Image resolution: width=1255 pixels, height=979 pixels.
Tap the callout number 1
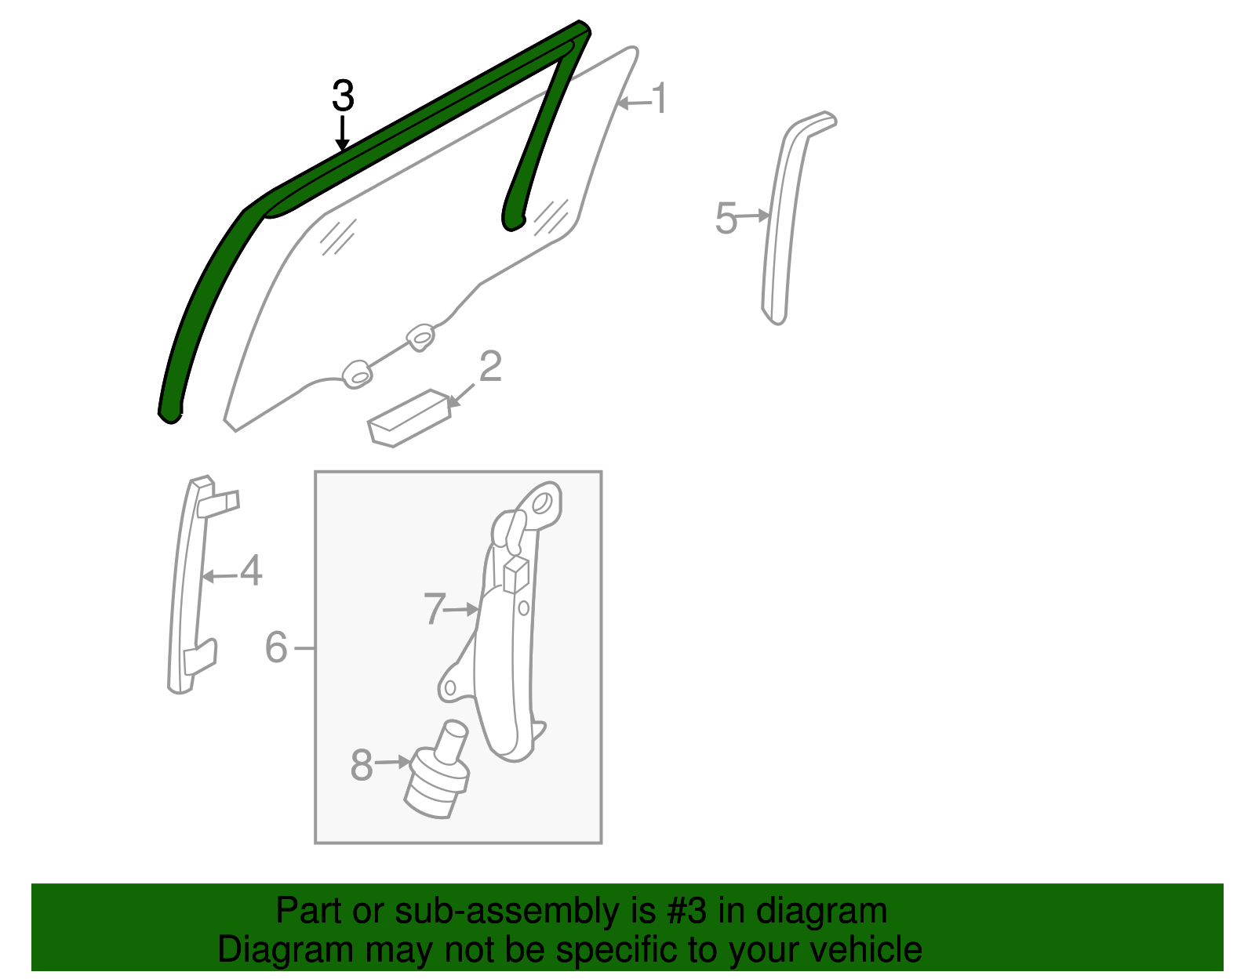point(660,98)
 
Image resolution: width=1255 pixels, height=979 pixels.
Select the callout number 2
point(490,366)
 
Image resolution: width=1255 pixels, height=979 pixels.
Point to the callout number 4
point(251,570)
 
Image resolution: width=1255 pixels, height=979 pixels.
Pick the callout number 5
point(726,218)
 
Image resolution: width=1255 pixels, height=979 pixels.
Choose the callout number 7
point(435,608)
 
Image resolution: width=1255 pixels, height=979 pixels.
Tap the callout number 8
point(362,765)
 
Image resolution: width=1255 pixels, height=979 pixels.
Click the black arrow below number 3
point(343,132)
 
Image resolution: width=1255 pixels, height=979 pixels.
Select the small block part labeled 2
point(409,419)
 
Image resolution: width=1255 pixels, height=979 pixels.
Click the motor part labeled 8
point(437,770)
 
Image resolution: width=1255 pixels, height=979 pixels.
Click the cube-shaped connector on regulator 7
point(516,575)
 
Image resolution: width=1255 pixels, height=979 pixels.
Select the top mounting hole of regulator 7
point(541,502)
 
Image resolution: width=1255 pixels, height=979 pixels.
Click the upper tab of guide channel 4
point(218,503)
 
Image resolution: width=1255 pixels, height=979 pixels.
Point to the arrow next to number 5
point(753,216)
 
